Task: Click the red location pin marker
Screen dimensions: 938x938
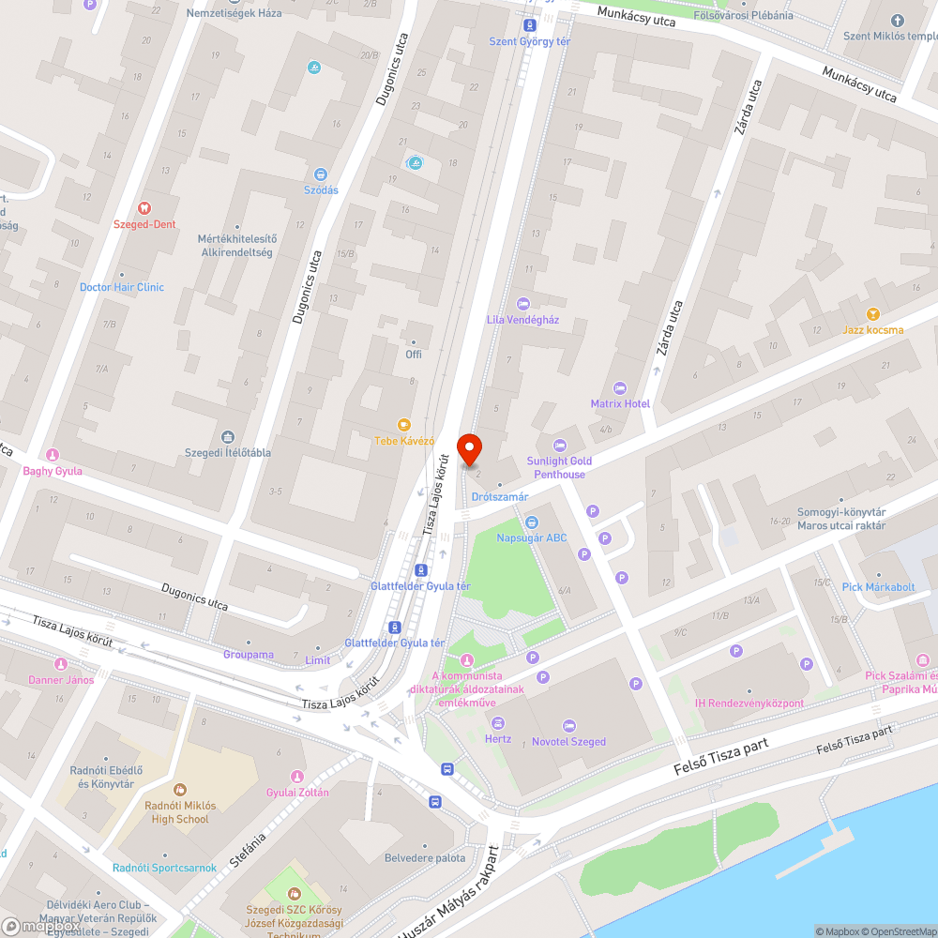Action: [x=469, y=448]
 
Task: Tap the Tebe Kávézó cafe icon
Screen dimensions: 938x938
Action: [x=405, y=425]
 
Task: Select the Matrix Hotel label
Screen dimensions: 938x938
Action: [x=620, y=403]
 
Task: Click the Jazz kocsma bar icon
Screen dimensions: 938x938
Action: [x=873, y=314]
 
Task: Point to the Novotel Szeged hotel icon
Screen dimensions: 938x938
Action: [x=568, y=725]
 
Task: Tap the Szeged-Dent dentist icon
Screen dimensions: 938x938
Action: [x=144, y=207]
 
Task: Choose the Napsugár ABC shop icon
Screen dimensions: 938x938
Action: [x=531, y=522]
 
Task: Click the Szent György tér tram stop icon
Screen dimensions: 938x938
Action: [x=530, y=25]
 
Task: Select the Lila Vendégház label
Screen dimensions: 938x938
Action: [x=522, y=319]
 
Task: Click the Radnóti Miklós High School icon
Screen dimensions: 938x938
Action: [x=180, y=790]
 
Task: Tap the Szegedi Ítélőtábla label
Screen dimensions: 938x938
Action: [x=228, y=452]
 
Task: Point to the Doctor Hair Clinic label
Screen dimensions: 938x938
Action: [x=121, y=287]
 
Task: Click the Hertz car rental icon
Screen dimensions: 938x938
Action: [x=498, y=722]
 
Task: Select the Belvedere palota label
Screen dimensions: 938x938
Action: [x=425, y=857]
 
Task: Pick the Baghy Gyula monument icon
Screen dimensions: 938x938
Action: [x=53, y=455]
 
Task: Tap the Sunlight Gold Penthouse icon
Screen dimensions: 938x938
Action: [x=560, y=445]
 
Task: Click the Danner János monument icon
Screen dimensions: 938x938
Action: [x=61, y=663]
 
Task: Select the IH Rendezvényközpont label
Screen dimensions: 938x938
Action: [x=749, y=703]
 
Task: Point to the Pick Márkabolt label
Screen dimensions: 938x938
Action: [x=878, y=586]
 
